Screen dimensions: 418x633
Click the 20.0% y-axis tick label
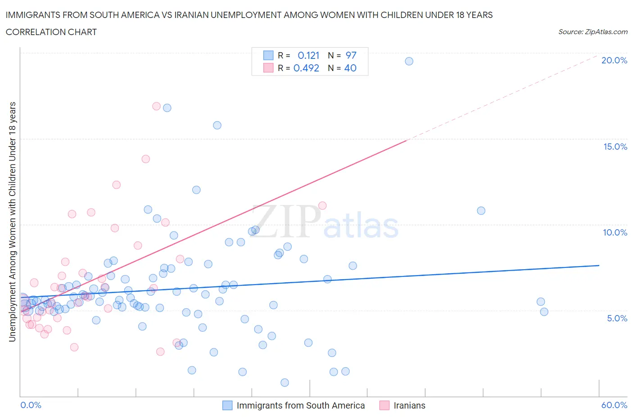tap(614, 60)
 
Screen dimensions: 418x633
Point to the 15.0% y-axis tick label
tap(615, 147)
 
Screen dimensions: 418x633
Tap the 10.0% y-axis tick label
tap(615, 232)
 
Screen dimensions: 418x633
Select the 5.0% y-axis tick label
tap(617, 318)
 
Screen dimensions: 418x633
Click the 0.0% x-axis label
tap(31, 405)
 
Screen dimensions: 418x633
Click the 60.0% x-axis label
tap(614, 405)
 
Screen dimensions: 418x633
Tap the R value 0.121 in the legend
tap(308, 55)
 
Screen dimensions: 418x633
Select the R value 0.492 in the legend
tap(306, 68)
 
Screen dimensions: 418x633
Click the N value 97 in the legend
tap(351, 55)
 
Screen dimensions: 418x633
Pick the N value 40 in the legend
tap(350, 68)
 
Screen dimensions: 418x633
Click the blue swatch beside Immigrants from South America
tap(228, 405)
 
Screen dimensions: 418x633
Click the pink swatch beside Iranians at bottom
tap(384, 405)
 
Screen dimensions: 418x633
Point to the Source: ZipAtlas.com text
tap(592, 31)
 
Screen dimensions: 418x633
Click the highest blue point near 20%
tap(409, 61)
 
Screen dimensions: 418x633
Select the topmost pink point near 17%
tap(156, 106)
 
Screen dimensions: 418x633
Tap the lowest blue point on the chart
tap(285, 382)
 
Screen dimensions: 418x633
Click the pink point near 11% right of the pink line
tap(322, 205)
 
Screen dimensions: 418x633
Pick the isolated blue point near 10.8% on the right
tap(481, 210)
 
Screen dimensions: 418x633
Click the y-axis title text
tap(12, 222)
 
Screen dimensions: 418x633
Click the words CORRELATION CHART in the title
tap(51, 32)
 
